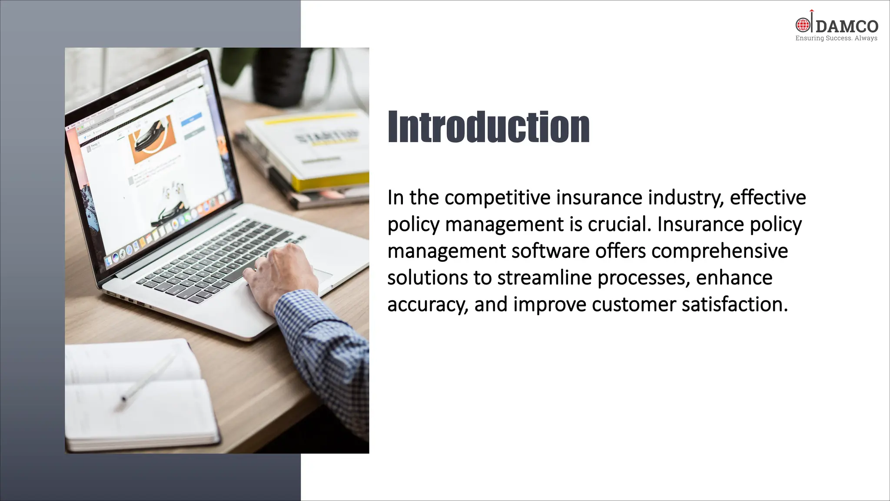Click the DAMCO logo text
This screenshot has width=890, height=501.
click(847, 27)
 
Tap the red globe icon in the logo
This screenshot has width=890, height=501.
click(802, 25)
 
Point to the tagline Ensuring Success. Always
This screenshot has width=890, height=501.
click(836, 38)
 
